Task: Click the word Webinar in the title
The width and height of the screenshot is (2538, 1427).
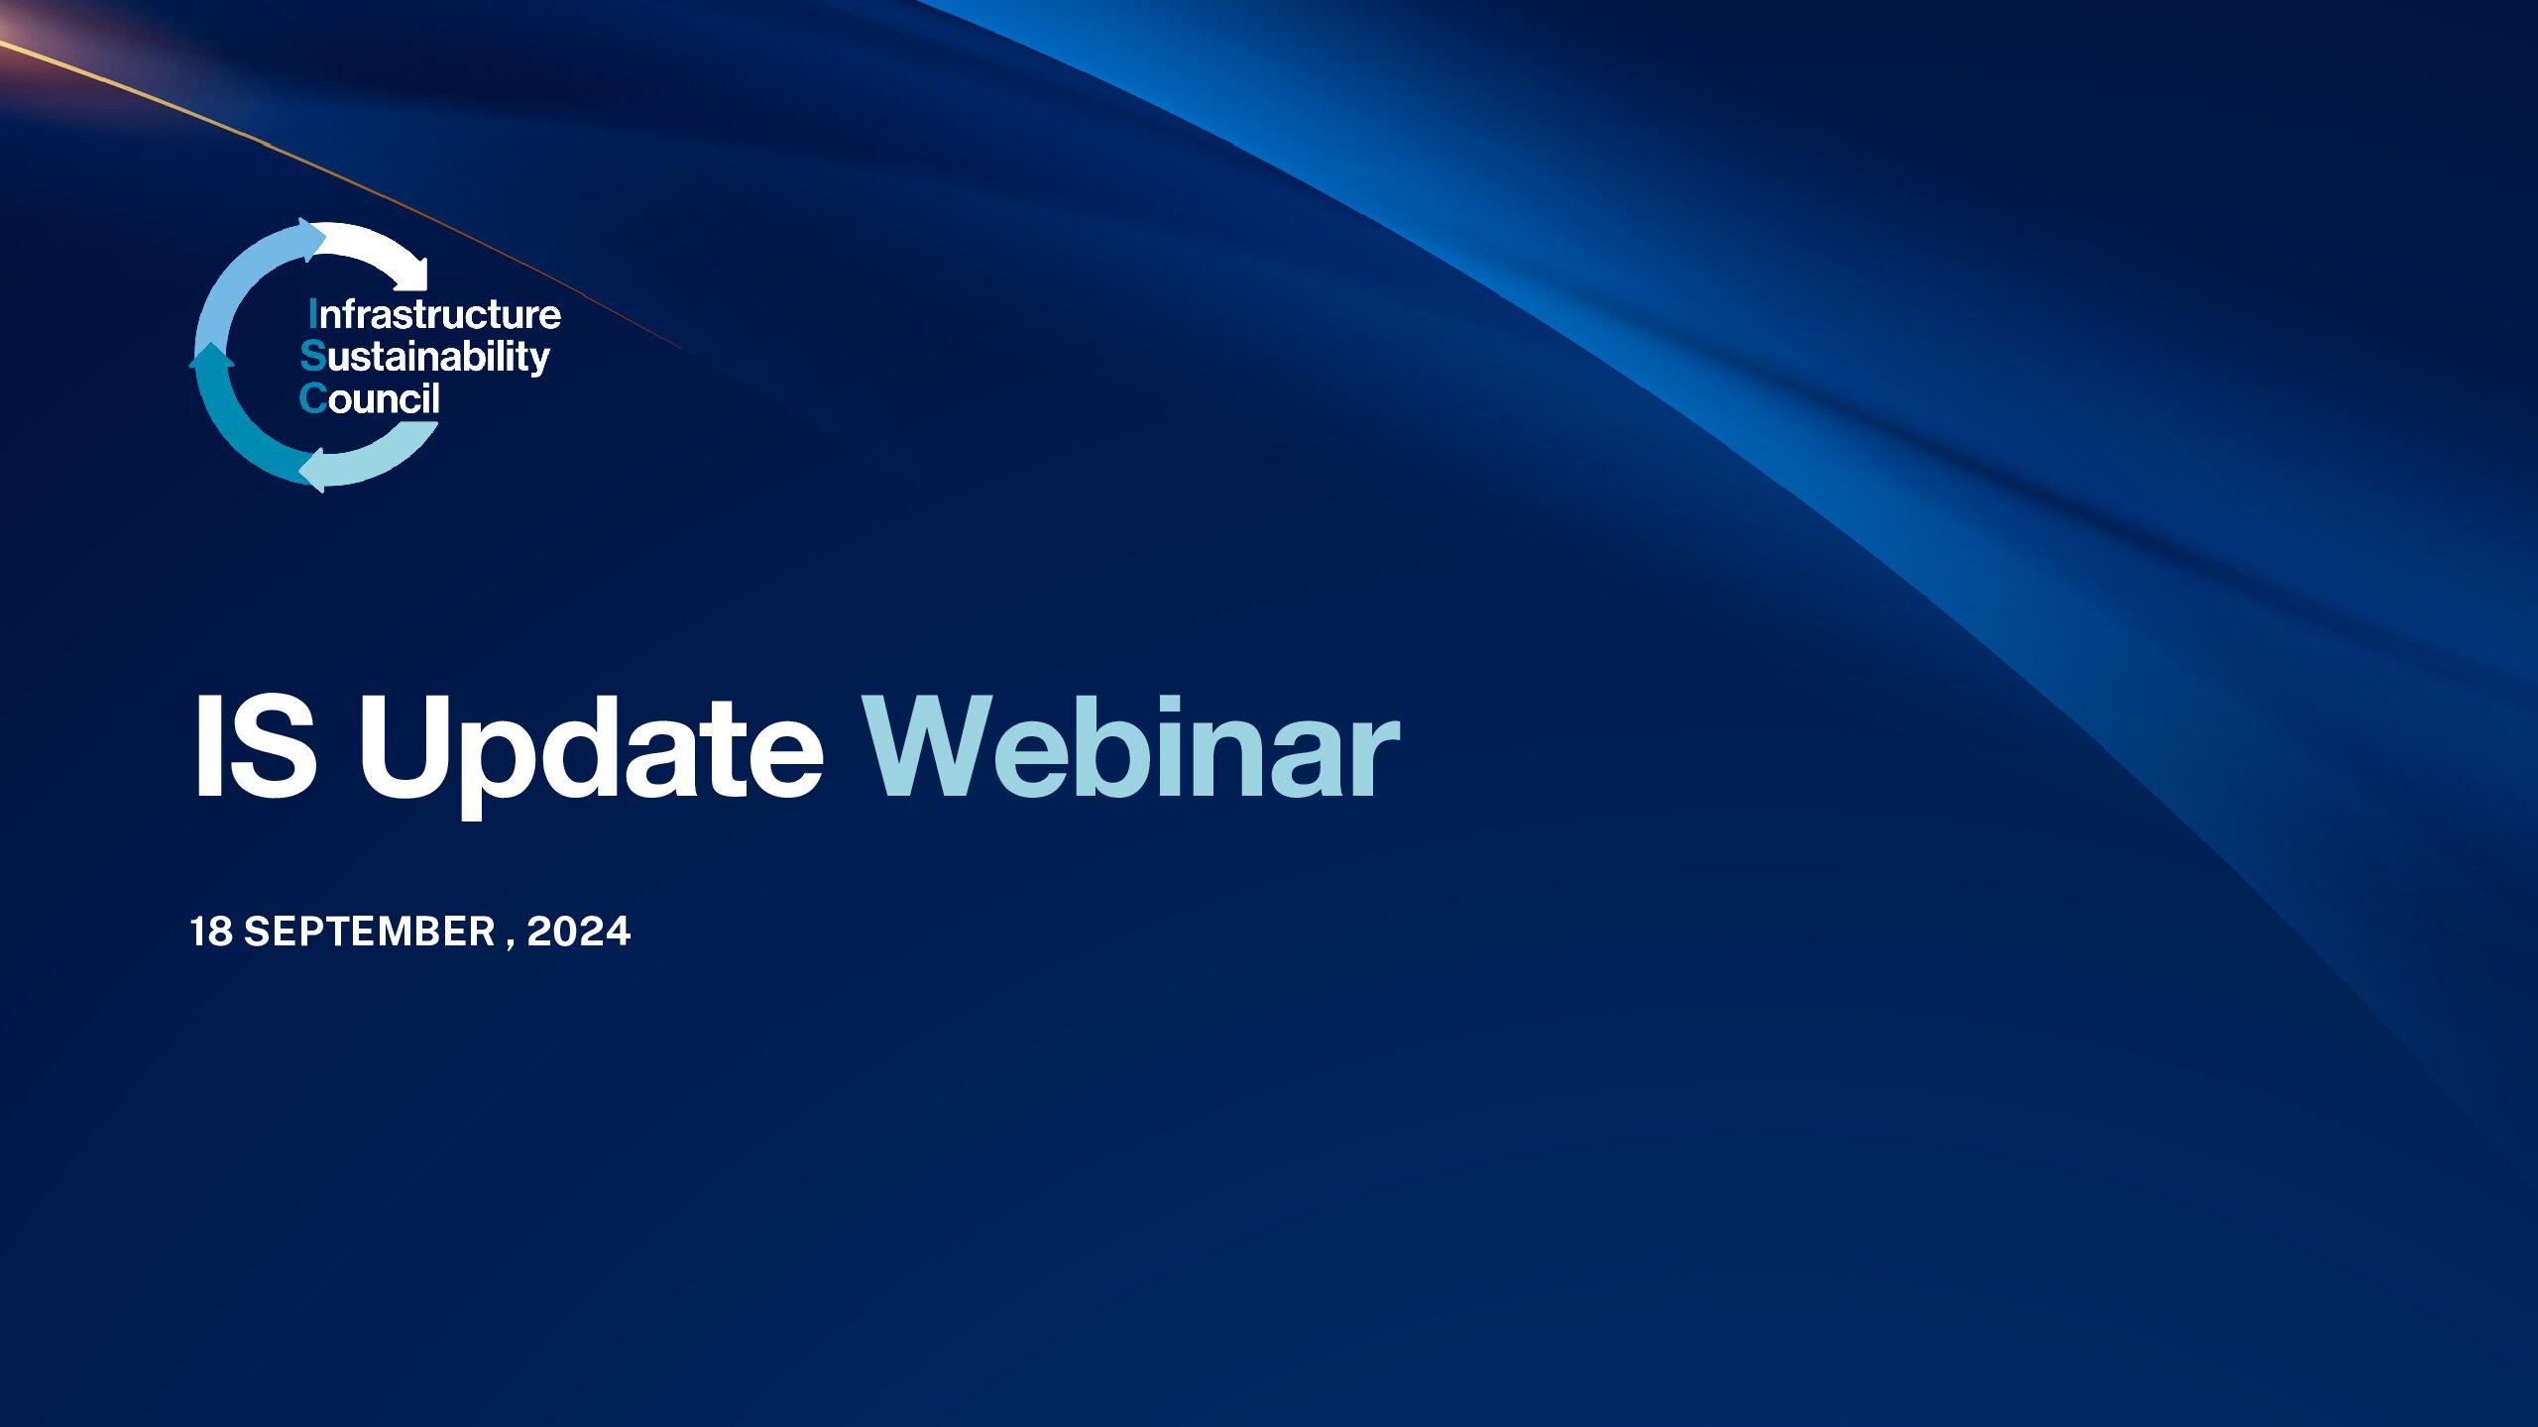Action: click(x=1130, y=747)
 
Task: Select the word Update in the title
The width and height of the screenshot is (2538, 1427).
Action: click(x=591, y=747)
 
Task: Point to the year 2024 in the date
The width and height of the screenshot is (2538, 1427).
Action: click(x=579, y=932)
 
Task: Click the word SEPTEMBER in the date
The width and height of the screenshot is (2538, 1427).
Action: click(x=370, y=932)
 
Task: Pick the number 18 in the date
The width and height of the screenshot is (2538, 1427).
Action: click(x=211, y=932)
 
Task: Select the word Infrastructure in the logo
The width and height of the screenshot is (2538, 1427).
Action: click(x=434, y=314)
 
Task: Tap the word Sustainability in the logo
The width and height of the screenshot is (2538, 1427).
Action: click(x=424, y=356)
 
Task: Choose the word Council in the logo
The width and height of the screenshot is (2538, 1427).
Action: click(x=370, y=398)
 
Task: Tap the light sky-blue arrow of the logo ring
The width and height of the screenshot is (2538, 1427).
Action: click(x=243, y=287)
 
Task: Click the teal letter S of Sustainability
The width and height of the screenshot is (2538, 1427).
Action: click(x=313, y=355)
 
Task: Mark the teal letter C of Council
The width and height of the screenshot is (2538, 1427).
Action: click(x=313, y=398)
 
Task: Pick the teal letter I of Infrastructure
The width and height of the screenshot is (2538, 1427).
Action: click(x=313, y=314)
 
